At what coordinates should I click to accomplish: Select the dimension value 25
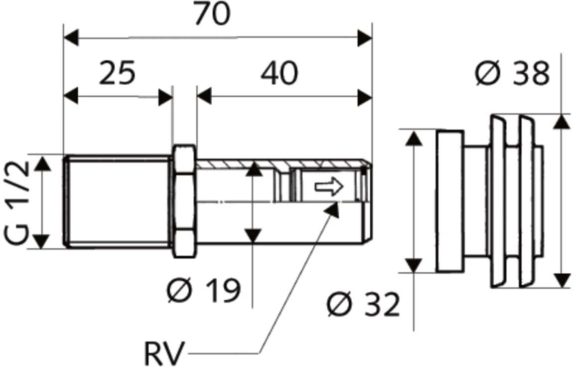117,73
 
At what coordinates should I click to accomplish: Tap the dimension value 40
279,73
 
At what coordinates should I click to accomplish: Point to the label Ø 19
203,290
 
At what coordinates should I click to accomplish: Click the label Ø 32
363,305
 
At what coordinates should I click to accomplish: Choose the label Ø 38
512,74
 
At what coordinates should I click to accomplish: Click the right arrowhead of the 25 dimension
165,97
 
